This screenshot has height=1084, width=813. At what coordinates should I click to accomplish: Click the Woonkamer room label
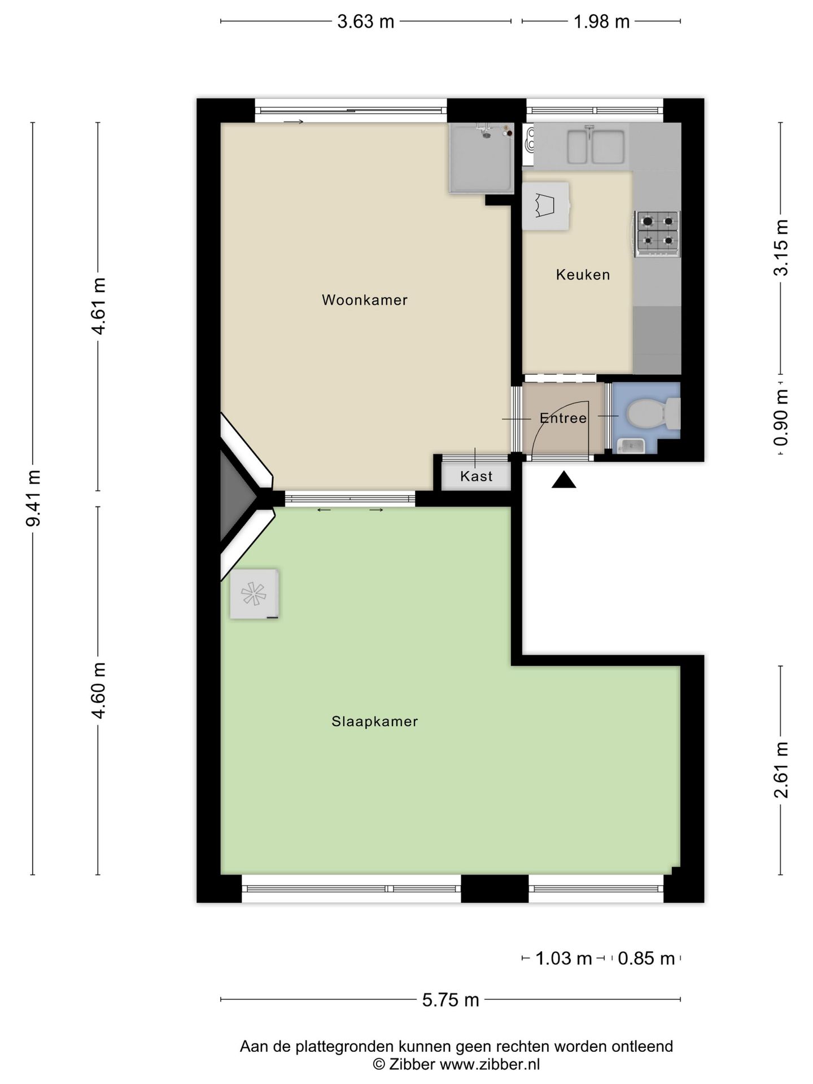click(364, 300)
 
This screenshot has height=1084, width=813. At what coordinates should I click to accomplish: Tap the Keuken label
click(583, 275)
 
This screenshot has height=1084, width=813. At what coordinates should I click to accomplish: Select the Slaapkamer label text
click(374, 721)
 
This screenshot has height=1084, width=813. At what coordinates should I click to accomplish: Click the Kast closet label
click(476, 476)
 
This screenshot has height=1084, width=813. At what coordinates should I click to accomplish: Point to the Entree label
click(563, 418)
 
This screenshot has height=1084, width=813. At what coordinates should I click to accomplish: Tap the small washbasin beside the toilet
click(631, 445)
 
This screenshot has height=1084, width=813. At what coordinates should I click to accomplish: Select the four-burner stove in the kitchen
click(657, 231)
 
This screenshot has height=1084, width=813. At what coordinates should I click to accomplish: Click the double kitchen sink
click(595, 146)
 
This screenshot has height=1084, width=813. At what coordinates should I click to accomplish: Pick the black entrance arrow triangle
click(563, 480)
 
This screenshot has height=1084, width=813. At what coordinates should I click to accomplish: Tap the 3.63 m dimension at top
click(365, 21)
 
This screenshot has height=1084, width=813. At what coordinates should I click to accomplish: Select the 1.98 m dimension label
click(601, 21)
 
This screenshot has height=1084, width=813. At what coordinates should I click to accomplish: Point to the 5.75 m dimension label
click(450, 999)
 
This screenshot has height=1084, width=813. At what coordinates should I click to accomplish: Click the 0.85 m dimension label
click(646, 958)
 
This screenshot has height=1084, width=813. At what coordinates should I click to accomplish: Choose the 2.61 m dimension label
click(781, 770)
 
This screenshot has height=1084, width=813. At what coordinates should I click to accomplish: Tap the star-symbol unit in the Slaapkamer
click(254, 594)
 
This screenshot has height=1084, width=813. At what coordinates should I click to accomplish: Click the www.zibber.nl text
click(489, 1064)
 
